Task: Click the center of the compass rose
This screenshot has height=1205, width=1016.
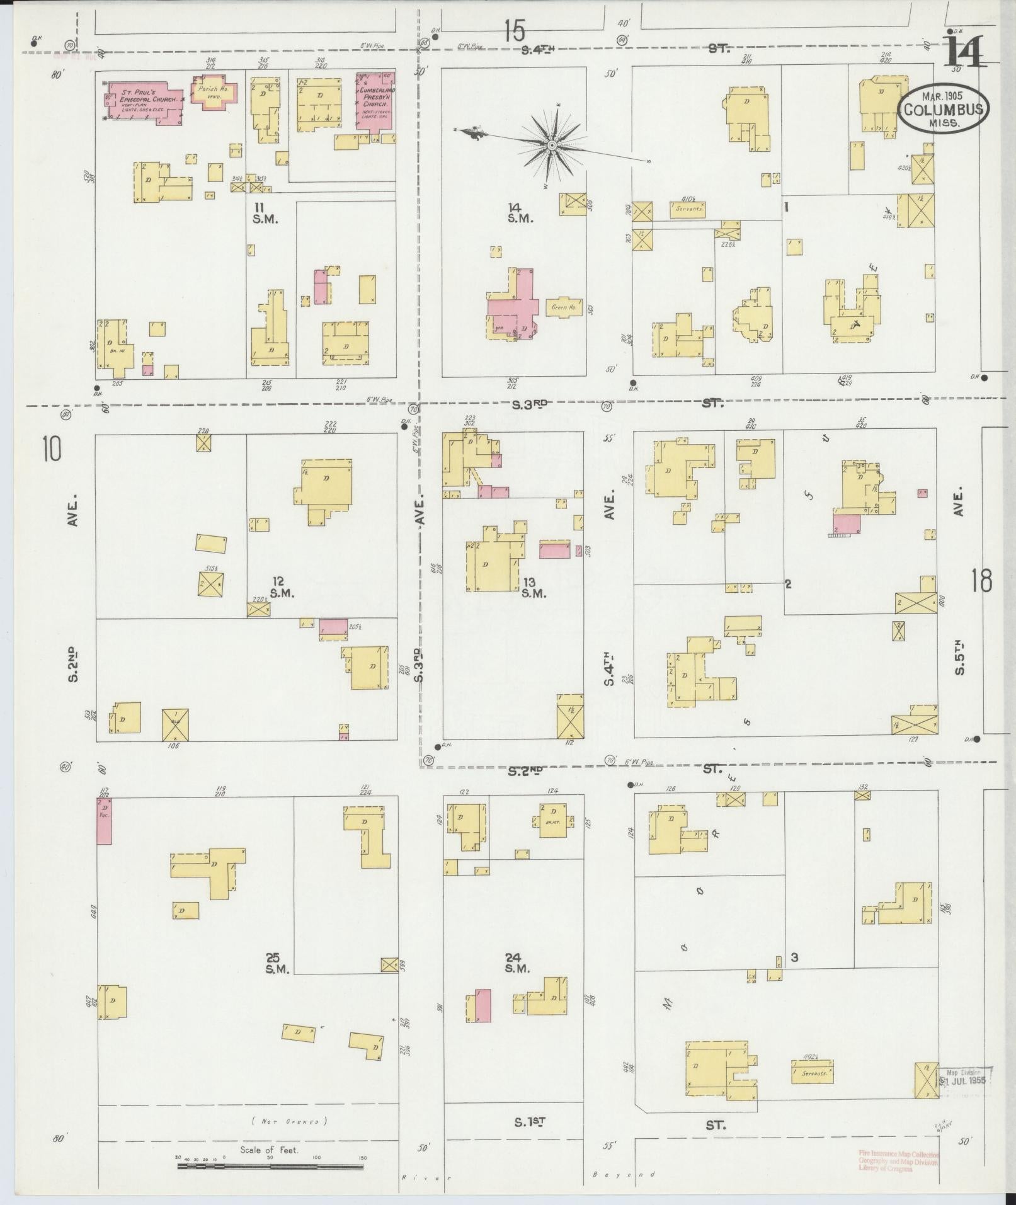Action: [552, 146]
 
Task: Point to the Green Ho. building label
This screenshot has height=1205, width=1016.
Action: [564, 307]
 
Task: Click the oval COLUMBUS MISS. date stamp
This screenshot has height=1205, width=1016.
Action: [943, 108]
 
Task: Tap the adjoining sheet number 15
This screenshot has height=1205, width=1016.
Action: [514, 30]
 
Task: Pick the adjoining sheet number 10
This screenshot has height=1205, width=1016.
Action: [52, 450]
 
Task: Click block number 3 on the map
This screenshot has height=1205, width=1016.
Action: [795, 976]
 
